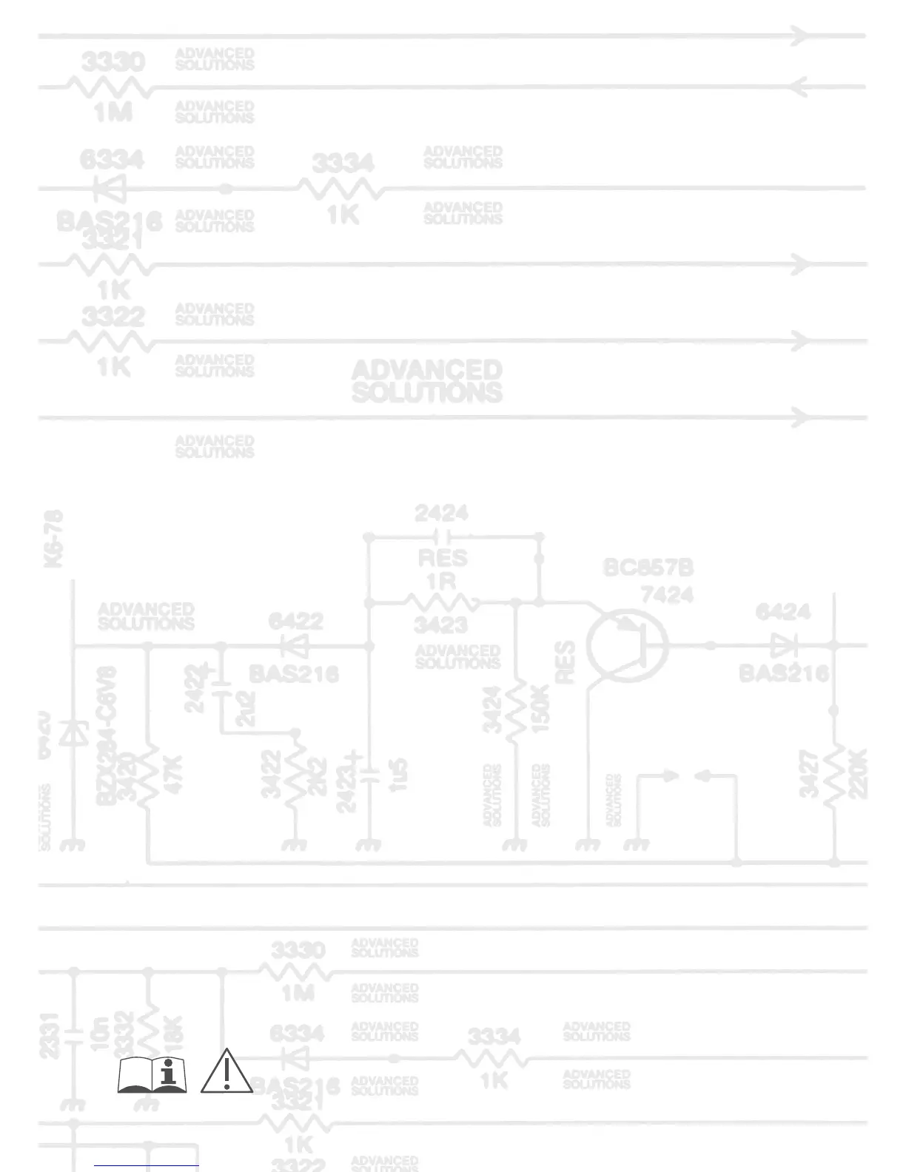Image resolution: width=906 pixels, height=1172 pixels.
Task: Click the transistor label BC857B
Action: coord(648,568)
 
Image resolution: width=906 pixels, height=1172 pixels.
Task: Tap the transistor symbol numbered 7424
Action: coord(628,645)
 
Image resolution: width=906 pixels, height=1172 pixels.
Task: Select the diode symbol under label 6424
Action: coord(782,645)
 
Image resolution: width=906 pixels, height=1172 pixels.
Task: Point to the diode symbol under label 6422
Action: coord(297,646)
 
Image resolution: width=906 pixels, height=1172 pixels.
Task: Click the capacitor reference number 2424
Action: coord(441,513)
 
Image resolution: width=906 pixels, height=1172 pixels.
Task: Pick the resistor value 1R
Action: coord(441,581)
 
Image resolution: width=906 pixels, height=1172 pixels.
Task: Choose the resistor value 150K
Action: coord(540,708)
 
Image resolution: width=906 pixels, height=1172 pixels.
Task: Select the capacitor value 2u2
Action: coord(245,708)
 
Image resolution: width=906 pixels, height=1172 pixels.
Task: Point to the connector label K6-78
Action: coord(54,538)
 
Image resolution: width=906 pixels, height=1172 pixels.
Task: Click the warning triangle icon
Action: coord(226,1071)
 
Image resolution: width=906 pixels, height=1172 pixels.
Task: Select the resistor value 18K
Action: coord(172,1031)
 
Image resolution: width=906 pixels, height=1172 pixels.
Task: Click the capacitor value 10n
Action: coord(99,1032)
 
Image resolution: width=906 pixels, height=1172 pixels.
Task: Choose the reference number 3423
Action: coord(440,625)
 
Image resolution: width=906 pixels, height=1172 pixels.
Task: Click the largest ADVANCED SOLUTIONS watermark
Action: coord(427,381)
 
